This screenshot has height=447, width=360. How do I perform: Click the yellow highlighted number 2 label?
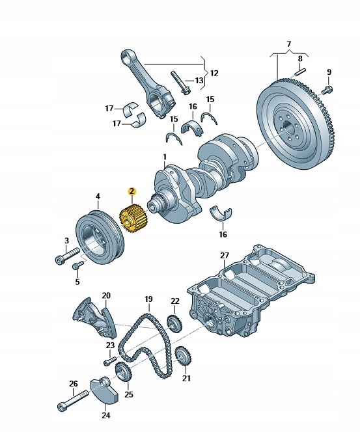132,191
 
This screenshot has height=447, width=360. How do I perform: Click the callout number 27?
225,256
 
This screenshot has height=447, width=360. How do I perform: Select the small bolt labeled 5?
79,265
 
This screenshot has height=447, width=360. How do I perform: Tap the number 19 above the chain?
148,299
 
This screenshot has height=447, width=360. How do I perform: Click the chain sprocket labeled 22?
173,322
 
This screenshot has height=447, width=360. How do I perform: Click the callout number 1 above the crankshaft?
165,157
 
